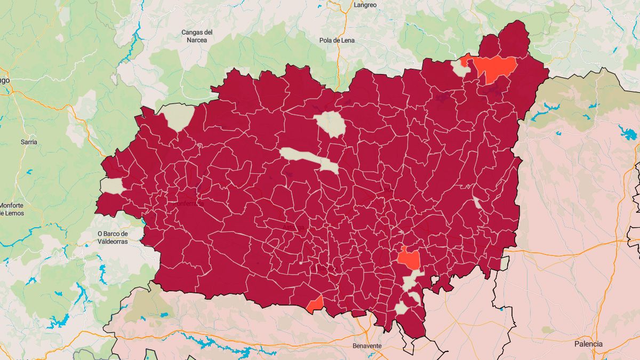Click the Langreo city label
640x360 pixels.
tap(365, 5)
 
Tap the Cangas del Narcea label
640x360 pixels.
tap(197, 36)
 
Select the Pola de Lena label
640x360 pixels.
tap(337, 41)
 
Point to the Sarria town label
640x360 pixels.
tap(29, 142)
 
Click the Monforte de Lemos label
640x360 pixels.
tap(12, 209)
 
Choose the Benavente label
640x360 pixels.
tap(367, 346)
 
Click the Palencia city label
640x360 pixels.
tap(588, 344)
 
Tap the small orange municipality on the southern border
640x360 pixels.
tap(315, 305)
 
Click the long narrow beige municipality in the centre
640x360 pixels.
tap(309, 159)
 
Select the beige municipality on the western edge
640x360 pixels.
tap(112, 186)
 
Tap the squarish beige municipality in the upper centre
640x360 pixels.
tap(331, 124)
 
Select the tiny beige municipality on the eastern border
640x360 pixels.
tap(504, 263)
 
